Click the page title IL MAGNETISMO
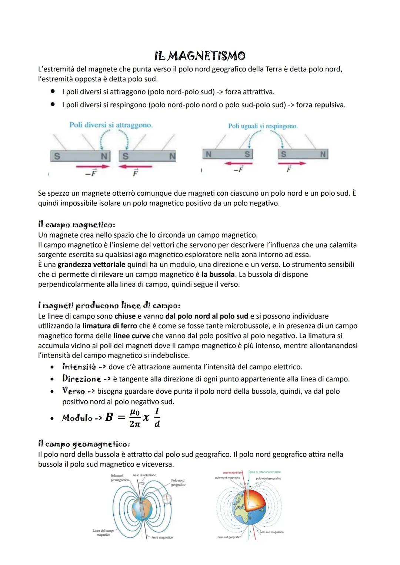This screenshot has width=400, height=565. [200, 56]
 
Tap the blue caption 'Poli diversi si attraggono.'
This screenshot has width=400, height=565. [111, 125]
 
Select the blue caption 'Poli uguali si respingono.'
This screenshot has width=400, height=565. [263, 126]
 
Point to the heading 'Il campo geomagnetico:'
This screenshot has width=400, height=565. [84, 444]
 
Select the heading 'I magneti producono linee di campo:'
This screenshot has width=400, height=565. [109, 306]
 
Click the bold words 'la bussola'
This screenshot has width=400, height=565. [218, 275]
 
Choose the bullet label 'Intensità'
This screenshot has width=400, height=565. [79, 367]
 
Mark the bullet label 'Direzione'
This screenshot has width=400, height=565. [81, 379]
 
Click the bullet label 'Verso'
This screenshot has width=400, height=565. [74, 391]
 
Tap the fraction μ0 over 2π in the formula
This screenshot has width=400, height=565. [135, 418]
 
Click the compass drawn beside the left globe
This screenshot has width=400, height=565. [167, 499]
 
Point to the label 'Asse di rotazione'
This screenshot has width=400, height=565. [144, 475]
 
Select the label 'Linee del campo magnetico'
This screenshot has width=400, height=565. [103, 532]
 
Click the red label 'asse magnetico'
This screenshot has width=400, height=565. [232, 472]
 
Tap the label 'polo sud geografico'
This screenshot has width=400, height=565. [229, 537]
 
